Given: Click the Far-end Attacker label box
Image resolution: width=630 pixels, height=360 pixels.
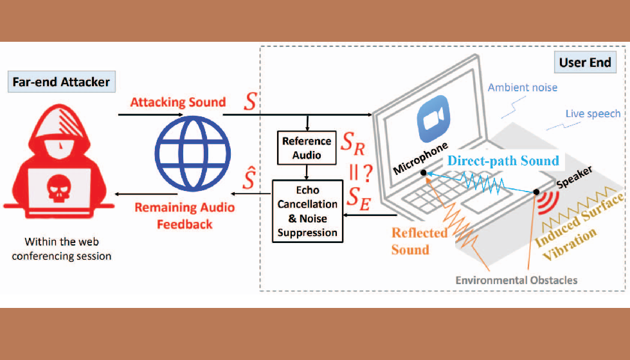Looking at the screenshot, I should [x=61, y=82].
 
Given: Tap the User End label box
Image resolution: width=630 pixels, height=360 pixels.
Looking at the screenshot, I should [x=586, y=63].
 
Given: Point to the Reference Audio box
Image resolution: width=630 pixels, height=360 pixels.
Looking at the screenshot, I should [x=307, y=147].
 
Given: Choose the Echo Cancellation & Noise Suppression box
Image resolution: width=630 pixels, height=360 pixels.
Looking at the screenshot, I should [x=307, y=211].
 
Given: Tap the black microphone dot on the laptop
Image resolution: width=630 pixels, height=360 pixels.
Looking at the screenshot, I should [x=423, y=173].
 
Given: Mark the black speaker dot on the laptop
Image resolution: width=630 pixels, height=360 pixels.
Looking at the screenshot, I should [x=535, y=192].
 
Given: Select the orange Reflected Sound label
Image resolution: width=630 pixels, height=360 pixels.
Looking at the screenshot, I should [x=419, y=240].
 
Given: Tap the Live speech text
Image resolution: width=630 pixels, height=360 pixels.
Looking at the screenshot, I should [x=593, y=114].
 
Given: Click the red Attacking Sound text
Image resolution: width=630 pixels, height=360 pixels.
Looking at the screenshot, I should [x=177, y=102].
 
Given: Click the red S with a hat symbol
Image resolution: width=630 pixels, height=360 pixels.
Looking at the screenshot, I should [x=246, y=181].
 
